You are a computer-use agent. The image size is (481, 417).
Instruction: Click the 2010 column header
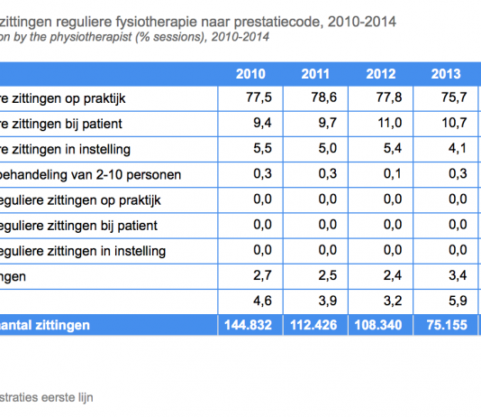(x=249, y=74)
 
